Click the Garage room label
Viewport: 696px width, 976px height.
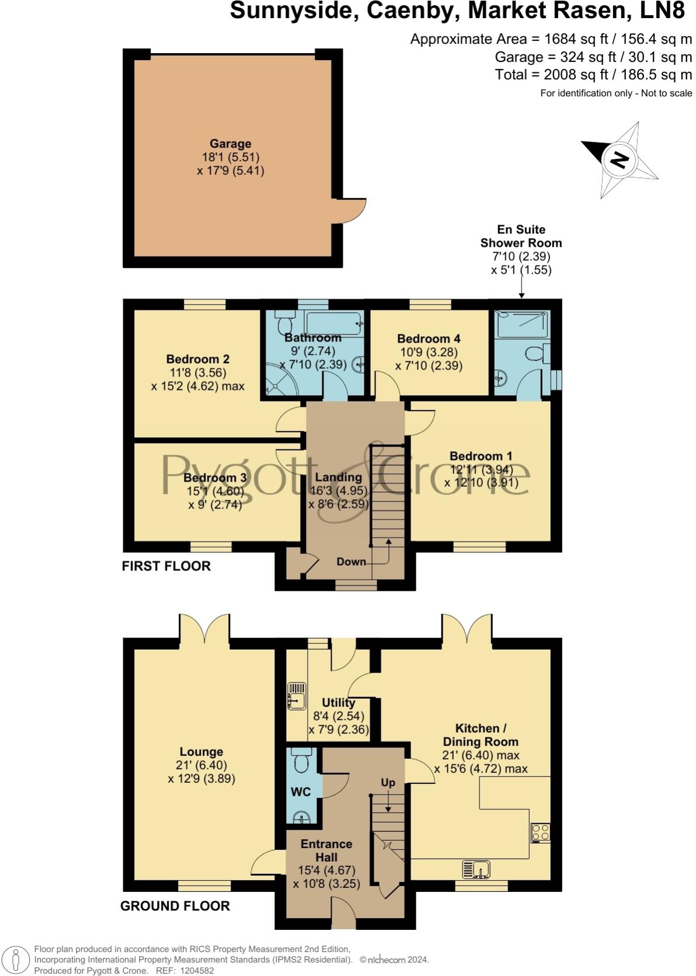tap(231, 144)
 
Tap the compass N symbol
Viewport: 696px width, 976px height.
tap(620, 159)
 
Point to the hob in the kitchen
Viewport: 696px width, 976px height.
tap(540, 832)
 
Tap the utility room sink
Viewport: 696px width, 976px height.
tap(297, 696)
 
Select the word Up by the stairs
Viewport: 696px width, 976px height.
tap(388, 782)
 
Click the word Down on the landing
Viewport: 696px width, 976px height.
tap(352, 562)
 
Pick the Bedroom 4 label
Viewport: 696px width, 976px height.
tap(429, 339)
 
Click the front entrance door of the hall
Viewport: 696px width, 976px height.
tap(343, 913)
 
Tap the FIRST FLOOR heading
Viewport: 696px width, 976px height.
tap(166, 566)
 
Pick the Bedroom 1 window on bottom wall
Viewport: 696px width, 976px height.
tap(480, 546)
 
